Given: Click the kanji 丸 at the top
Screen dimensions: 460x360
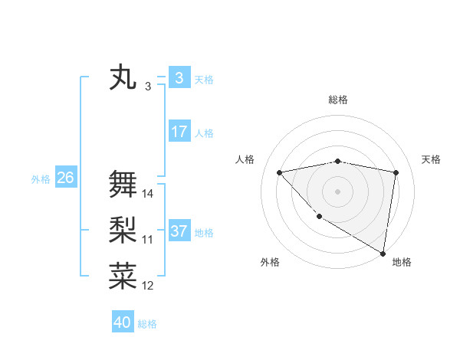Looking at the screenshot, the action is [123, 78].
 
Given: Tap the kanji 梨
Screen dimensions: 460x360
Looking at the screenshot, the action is [123, 231].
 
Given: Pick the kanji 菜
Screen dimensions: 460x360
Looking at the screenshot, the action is [123, 277].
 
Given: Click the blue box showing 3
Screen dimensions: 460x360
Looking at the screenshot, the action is [179, 78].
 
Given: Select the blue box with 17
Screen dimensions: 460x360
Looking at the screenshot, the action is [179, 132].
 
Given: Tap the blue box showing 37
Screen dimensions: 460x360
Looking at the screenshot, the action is [179, 231].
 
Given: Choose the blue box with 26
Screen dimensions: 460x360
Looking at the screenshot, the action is [65, 178].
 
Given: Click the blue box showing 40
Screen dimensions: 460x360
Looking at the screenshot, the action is [123, 322].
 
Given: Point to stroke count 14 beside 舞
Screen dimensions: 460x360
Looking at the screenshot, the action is [148, 194].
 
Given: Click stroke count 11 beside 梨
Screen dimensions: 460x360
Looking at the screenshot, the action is [148, 240].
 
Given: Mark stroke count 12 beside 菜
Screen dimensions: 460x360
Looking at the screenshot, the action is [148, 286].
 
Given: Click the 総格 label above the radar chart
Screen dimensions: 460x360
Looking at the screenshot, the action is [337, 100].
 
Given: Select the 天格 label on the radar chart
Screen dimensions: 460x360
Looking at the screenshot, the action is [432, 159].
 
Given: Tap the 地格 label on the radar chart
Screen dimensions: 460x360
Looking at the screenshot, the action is [402, 262].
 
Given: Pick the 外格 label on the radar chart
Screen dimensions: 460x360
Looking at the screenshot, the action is [270, 262].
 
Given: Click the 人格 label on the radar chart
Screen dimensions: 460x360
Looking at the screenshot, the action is [245, 159].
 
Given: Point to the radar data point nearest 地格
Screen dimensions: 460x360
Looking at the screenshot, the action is [383, 253].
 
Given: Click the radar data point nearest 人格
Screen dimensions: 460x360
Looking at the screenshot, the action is [279, 172].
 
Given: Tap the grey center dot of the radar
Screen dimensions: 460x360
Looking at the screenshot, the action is [337, 191].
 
